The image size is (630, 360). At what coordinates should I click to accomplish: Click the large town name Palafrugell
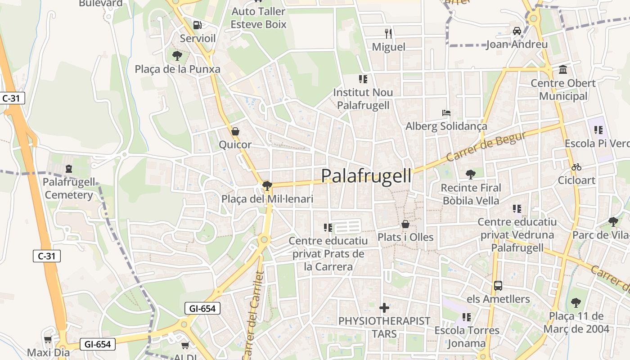(x=366, y=176)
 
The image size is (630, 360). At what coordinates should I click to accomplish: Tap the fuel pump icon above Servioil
(x=197, y=25)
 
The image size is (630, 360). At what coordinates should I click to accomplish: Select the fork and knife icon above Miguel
(x=388, y=33)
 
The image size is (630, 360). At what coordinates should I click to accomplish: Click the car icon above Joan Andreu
(x=517, y=31)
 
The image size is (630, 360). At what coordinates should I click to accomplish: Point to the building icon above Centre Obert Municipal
(x=562, y=70)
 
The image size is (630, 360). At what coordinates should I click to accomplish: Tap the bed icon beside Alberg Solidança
(x=446, y=112)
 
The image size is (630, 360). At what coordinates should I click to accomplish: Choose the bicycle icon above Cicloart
(x=576, y=167)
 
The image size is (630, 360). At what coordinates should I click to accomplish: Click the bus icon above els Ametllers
(x=498, y=285)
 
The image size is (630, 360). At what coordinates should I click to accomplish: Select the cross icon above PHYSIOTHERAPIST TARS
(x=384, y=308)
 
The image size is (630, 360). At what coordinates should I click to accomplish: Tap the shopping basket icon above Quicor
(x=235, y=131)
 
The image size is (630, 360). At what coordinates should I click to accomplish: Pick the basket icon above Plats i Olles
(x=405, y=224)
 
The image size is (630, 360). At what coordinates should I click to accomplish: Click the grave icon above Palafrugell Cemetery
(x=69, y=169)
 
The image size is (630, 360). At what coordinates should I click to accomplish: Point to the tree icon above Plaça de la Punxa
(x=177, y=56)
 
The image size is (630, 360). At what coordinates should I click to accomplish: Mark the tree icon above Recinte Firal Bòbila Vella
(x=471, y=174)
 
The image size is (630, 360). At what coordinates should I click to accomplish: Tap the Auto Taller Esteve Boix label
(x=258, y=18)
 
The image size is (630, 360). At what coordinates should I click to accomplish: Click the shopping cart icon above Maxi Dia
(x=48, y=339)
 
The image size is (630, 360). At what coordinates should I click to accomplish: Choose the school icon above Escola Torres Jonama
(x=467, y=317)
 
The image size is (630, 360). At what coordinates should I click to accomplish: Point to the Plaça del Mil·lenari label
(x=267, y=198)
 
